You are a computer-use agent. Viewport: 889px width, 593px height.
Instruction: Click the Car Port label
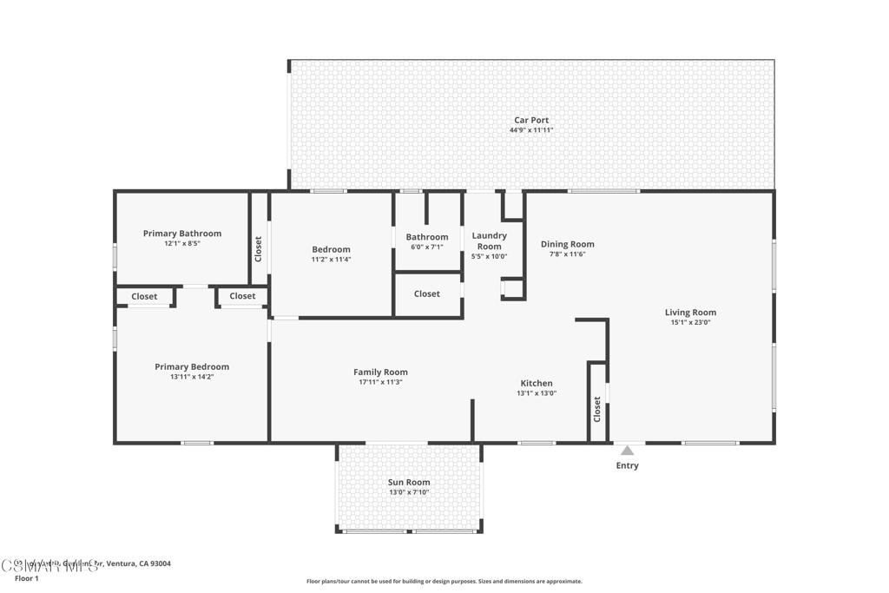(x=530, y=121)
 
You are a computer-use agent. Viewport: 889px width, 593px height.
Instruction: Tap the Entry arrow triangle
(x=627, y=451)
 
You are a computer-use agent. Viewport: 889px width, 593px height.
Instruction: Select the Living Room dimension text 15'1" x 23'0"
(x=690, y=322)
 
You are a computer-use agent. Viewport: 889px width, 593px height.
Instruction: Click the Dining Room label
(x=567, y=244)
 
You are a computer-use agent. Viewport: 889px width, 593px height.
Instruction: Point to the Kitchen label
(x=536, y=383)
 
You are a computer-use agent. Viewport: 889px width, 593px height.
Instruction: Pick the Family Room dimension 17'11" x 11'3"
(x=380, y=382)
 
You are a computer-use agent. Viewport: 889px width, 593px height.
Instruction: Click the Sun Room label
(x=408, y=482)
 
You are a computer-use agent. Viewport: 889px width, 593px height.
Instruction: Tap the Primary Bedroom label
(x=192, y=366)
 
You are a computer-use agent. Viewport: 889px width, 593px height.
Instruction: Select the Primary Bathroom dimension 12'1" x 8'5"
(x=181, y=243)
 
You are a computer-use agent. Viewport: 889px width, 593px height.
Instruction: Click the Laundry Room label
(x=489, y=240)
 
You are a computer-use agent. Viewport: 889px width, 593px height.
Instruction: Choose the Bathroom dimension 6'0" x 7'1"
(x=426, y=247)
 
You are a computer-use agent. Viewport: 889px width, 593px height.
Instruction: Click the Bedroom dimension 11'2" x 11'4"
(x=331, y=259)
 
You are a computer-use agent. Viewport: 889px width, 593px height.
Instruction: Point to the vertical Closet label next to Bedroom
(x=259, y=249)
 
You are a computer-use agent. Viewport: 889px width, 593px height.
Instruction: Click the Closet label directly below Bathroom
(x=426, y=293)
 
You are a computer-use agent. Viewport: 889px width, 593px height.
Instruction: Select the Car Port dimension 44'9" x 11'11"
(x=530, y=130)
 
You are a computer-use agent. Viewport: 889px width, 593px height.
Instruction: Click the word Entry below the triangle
(x=627, y=465)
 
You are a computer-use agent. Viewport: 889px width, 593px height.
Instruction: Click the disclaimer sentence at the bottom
(x=444, y=582)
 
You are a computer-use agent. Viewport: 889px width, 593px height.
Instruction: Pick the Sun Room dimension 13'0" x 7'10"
(x=408, y=492)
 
